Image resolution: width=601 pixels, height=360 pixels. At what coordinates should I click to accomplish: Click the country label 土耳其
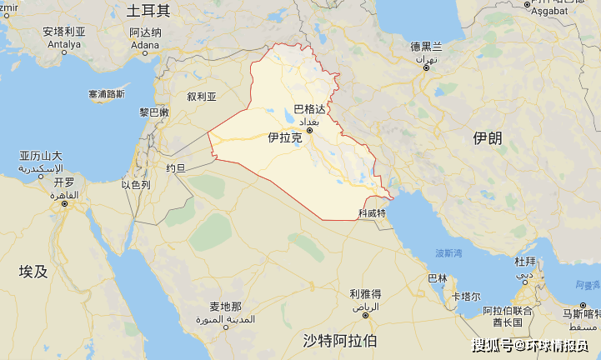(x=148, y=11)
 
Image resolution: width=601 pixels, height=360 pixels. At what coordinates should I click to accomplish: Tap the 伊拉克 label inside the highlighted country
(x=284, y=137)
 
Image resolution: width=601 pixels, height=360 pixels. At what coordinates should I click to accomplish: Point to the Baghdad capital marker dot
(x=310, y=130)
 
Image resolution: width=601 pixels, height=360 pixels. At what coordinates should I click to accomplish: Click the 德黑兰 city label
(x=426, y=47)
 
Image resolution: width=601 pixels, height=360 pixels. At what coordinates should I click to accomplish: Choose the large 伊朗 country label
(x=487, y=138)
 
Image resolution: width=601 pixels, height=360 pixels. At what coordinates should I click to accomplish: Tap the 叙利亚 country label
(x=202, y=97)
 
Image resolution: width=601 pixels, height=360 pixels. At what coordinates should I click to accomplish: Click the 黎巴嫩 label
(x=154, y=112)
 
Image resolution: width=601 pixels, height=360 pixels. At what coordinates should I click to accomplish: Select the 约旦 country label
(x=176, y=167)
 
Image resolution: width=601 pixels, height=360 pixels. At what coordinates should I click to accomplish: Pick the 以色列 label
(x=136, y=184)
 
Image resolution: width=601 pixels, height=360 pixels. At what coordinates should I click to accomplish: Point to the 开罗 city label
(x=64, y=182)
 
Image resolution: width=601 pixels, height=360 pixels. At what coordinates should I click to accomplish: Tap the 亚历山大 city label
(x=41, y=156)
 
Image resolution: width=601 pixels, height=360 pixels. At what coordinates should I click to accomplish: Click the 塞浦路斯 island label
(x=107, y=94)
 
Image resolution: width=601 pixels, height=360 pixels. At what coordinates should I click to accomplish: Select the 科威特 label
(x=372, y=214)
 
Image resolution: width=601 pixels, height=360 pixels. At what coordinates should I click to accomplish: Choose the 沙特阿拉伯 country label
(x=339, y=340)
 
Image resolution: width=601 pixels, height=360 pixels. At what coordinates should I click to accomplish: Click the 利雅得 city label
(x=365, y=294)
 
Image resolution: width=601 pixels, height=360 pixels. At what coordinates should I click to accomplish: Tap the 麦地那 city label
(x=225, y=307)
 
